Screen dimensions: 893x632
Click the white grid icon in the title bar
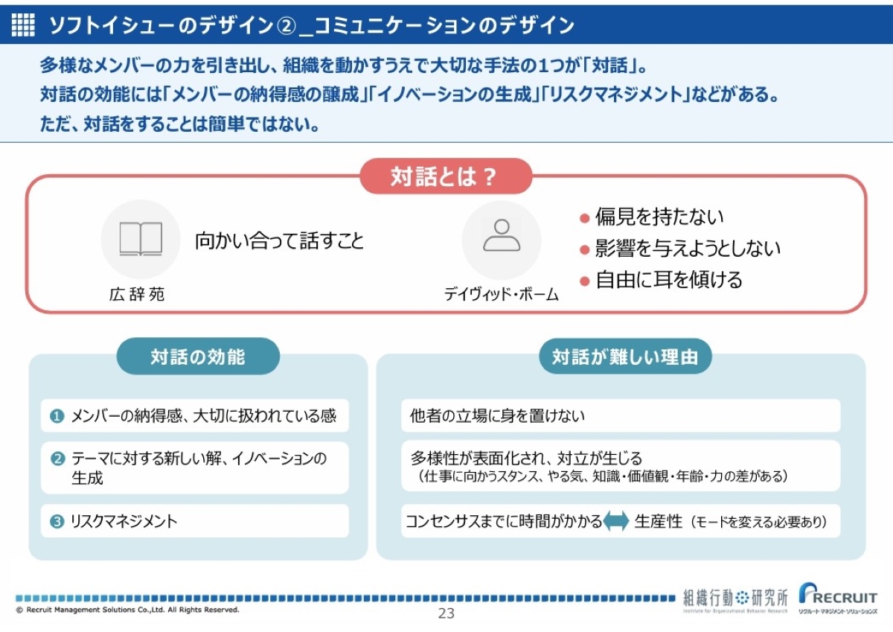(x=23, y=25)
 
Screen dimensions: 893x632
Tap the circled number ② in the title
(x=287, y=25)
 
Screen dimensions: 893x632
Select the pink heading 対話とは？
(x=446, y=176)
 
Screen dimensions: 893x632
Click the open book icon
(x=141, y=238)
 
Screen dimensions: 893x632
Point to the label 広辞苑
(x=137, y=294)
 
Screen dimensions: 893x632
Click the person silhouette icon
(x=502, y=235)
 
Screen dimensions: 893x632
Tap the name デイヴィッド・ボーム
(x=501, y=294)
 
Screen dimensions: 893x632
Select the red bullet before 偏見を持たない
(x=584, y=218)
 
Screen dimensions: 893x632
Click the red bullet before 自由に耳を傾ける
(x=584, y=281)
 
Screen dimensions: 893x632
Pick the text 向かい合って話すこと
(x=280, y=240)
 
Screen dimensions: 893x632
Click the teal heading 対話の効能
(x=198, y=357)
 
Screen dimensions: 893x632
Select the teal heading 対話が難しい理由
(x=625, y=357)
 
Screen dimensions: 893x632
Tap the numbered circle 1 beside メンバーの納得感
(x=57, y=416)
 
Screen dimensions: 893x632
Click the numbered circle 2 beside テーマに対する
(x=57, y=459)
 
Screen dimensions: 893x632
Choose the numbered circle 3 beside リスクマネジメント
(x=57, y=521)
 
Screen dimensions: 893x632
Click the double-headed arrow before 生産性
(x=616, y=521)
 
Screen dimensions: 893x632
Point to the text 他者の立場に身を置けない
(x=497, y=416)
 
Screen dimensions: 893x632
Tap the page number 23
(x=446, y=613)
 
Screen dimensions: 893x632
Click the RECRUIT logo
(x=838, y=598)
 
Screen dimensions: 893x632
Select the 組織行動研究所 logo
(x=735, y=600)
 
